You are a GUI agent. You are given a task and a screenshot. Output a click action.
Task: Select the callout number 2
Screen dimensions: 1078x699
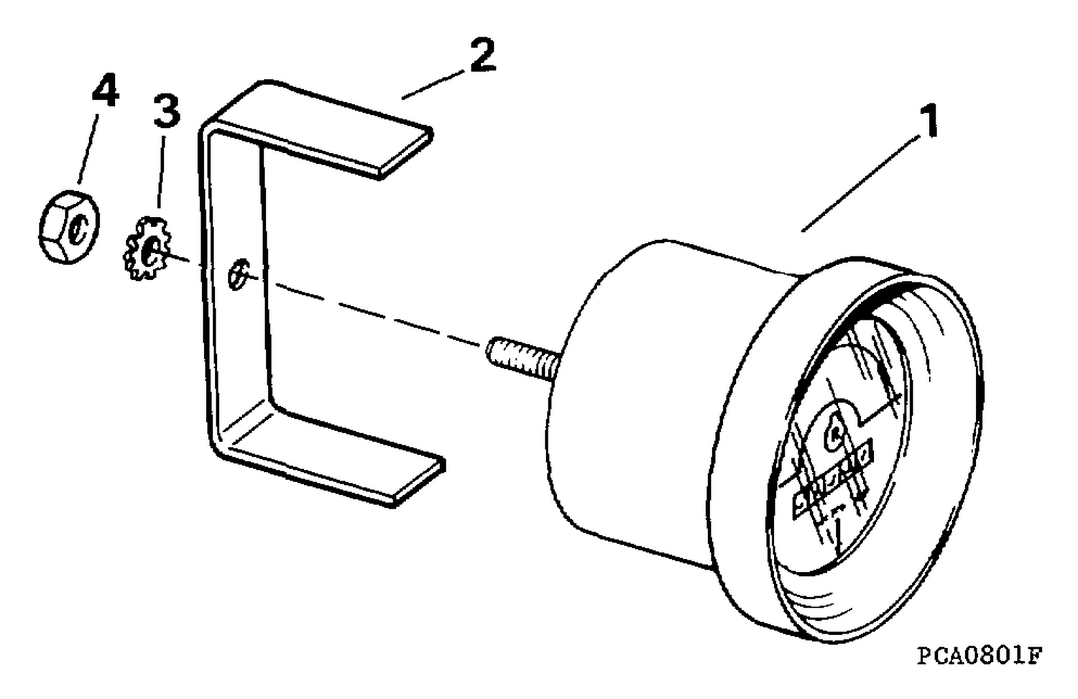pos(482,55)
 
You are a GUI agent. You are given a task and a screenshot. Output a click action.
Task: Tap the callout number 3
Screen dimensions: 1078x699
pos(167,111)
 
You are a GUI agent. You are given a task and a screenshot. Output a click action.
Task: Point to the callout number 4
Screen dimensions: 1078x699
pos(105,90)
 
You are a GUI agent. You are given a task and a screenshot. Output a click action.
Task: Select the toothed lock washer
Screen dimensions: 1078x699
pos(147,249)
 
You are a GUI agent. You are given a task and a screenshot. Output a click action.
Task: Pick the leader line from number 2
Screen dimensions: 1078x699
pos(433,85)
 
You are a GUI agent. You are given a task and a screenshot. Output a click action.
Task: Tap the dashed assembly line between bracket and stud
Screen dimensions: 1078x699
pos(375,313)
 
